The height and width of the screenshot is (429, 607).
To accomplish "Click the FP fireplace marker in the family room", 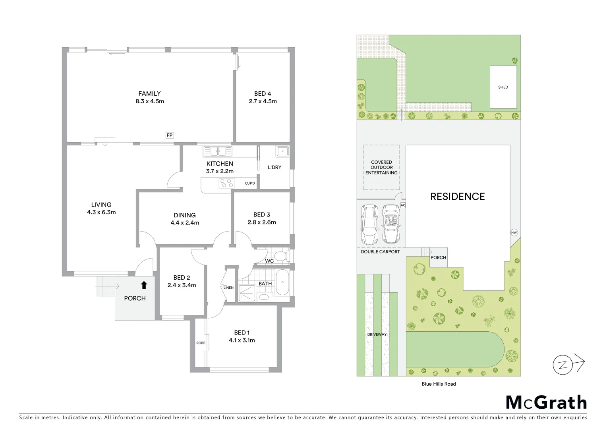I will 170,135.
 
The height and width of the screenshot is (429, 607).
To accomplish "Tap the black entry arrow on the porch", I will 144,285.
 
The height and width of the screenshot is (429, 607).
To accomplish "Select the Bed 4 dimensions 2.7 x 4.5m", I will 263,101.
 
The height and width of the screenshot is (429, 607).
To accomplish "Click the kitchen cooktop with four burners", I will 227,183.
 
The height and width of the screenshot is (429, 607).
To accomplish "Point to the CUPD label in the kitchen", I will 250,183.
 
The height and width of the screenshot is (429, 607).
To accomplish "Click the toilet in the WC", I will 281,255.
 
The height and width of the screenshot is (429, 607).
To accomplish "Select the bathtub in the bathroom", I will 282,282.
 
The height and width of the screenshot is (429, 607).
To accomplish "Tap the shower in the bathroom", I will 247,293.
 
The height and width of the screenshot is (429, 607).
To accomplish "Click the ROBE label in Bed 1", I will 201,343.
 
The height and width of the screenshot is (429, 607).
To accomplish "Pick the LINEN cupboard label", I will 228,288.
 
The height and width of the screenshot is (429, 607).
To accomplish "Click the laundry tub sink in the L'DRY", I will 282,151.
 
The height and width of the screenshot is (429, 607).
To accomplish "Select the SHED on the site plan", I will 503,87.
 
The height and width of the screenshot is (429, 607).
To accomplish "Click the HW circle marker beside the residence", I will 514,233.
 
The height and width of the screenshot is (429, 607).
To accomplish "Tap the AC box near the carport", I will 403,205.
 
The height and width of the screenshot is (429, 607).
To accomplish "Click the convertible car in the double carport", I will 391,224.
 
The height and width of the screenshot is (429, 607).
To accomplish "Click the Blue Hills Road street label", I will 439,384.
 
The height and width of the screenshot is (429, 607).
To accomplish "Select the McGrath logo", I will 546,402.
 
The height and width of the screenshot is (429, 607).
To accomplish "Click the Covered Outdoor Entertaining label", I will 381,167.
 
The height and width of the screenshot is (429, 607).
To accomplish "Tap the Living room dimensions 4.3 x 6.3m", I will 101,212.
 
